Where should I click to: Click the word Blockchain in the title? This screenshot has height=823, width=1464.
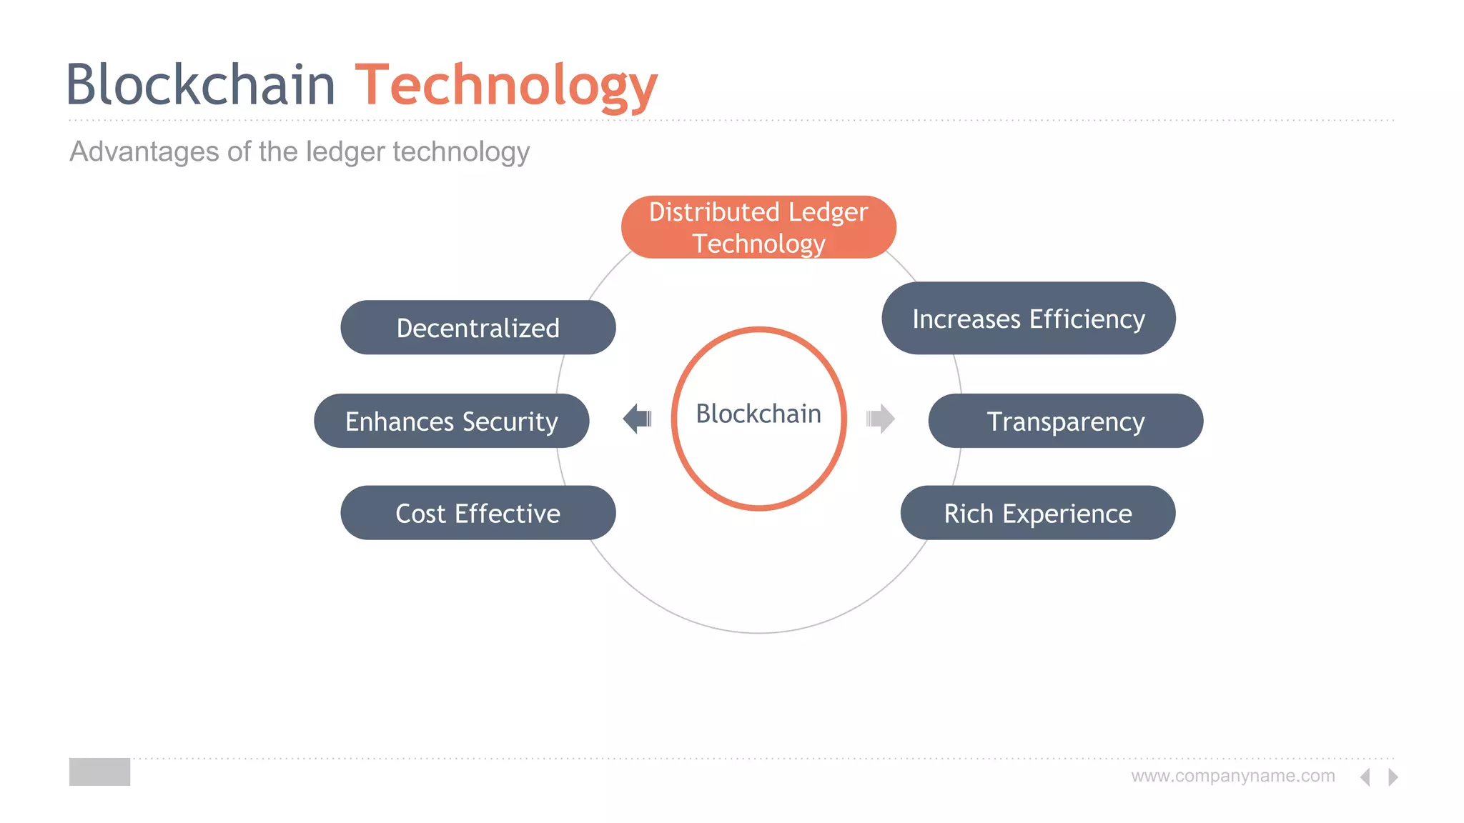coord(201,85)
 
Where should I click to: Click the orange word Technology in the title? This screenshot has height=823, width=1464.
coord(505,86)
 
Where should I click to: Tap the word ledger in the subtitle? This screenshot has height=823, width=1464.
coord(345,151)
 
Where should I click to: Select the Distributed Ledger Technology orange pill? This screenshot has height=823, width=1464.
coord(758,227)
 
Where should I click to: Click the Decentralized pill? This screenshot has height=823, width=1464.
coord(478,328)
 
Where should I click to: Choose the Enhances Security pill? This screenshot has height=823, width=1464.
coord(451,422)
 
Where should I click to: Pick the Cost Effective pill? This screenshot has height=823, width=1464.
coord(478,513)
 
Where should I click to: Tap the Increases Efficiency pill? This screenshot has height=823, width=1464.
coord(1028,319)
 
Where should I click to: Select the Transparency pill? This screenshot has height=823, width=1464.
coord(1065,422)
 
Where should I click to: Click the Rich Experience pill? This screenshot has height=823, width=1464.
coord(1037,513)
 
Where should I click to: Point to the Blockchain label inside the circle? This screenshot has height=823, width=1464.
coord(758,414)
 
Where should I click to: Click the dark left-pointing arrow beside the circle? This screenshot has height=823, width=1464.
coord(636,419)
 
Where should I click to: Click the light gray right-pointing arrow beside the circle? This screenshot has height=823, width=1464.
coord(881,419)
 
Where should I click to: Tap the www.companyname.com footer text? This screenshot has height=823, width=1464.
coord(1232,776)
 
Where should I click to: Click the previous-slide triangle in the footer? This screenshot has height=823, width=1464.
coord(1365,777)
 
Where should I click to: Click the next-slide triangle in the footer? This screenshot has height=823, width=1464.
coord(1393,777)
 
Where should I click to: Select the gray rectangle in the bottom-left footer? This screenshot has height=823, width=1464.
coord(99,772)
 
